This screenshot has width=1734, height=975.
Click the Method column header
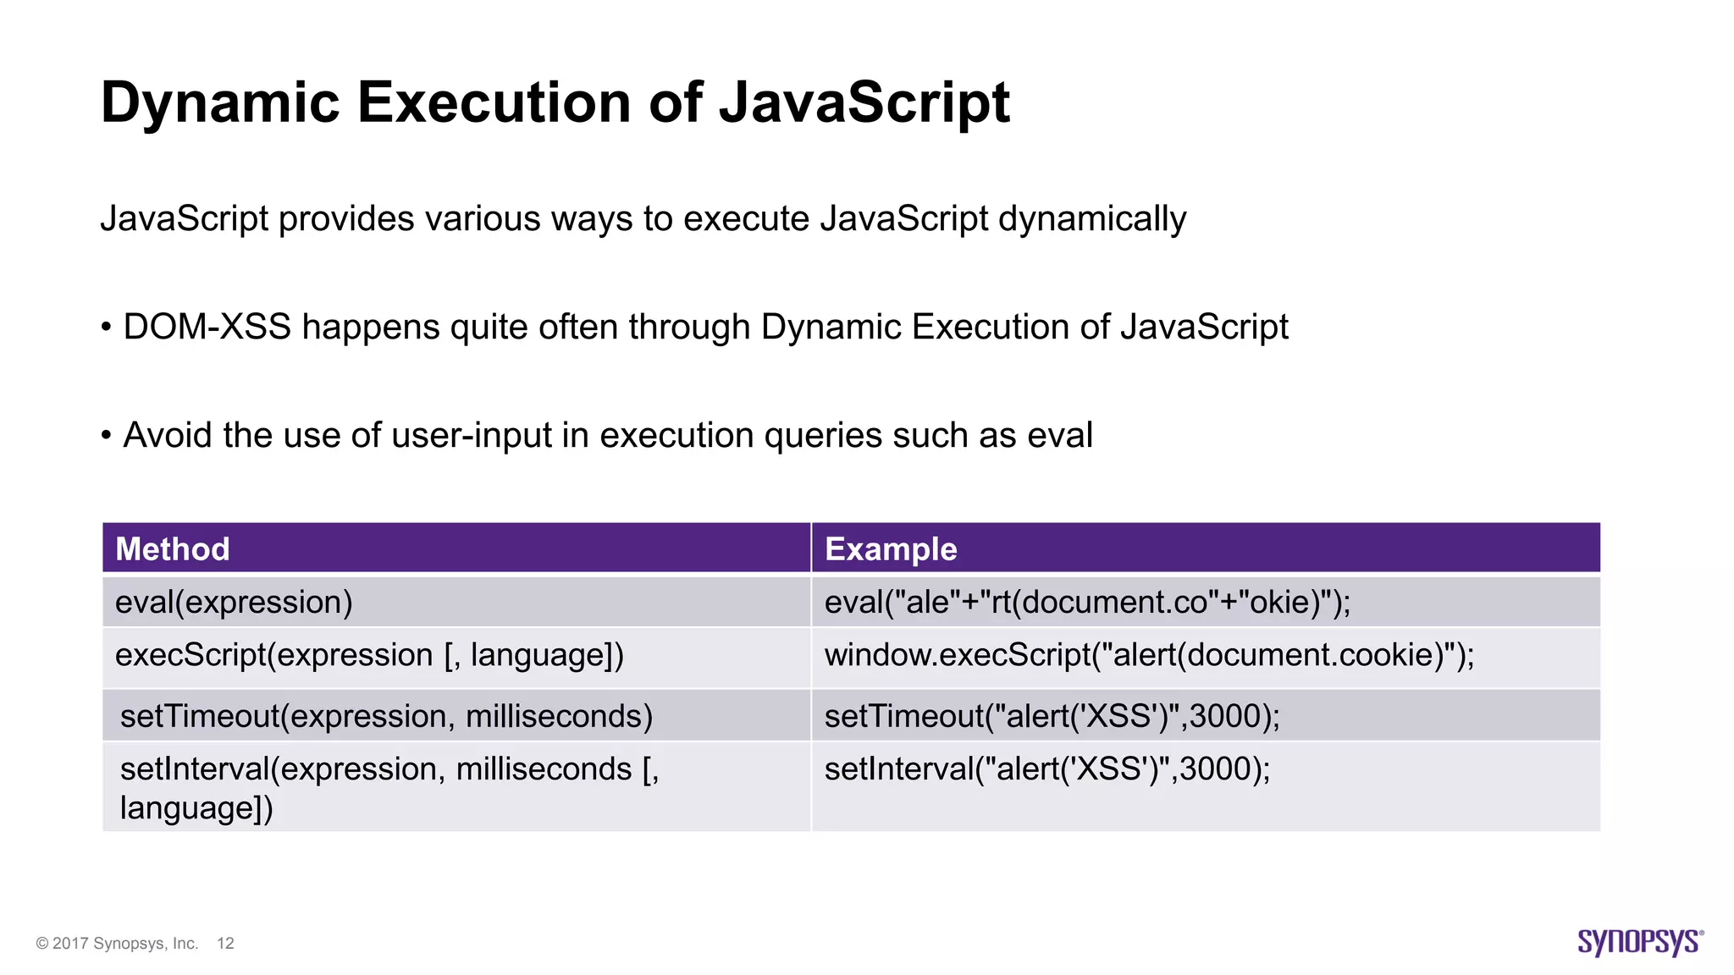(x=173, y=549)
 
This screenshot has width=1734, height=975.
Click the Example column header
(x=891, y=549)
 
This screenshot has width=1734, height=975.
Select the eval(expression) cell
(x=234, y=603)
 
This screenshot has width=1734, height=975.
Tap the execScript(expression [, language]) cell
(x=369, y=656)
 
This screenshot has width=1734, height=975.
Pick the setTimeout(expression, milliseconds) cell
(x=386, y=717)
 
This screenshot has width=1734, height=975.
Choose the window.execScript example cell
(x=1149, y=656)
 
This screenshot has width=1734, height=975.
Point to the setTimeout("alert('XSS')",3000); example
(x=1052, y=717)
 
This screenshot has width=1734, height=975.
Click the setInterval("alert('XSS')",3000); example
(x=1047, y=769)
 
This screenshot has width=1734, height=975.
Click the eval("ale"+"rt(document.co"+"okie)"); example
(x=1087, y=603)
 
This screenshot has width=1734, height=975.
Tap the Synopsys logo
(x=1640, y=942)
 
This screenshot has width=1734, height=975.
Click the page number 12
(x=225, y=944)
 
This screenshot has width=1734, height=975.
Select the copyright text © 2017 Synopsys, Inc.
(x=117, y=944)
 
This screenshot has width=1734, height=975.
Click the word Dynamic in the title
(x=220, y=103)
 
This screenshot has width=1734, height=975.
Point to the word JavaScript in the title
(x=864, y=103)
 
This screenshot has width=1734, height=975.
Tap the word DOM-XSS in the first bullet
(x=207, y=328)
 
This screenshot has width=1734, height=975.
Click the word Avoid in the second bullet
(x=167, y=436)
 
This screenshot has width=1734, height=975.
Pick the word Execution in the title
(x=495, y=103)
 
